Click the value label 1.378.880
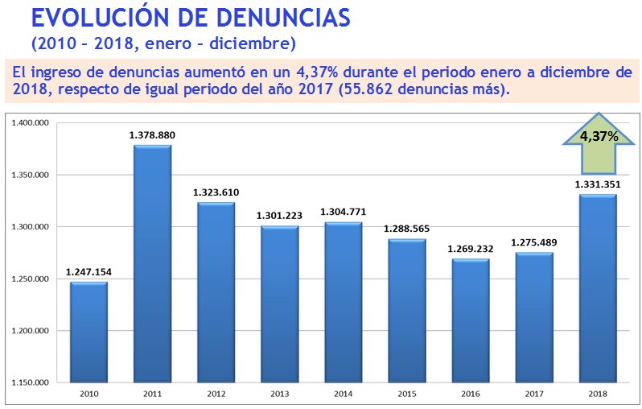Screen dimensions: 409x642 coord(152,136)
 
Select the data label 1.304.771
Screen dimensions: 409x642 coord(343,212)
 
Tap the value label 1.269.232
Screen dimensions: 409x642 coord(470,250)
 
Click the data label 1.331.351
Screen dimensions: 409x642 coord(597,184)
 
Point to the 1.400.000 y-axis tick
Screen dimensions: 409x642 coord(32,123)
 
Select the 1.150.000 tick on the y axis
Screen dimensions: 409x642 coord(32,382)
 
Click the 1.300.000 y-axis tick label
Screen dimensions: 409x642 coord(32,227)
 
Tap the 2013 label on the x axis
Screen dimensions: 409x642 coord(279,394)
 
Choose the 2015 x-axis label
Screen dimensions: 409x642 coord(406,394)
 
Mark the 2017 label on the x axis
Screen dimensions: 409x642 coord(533,394)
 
